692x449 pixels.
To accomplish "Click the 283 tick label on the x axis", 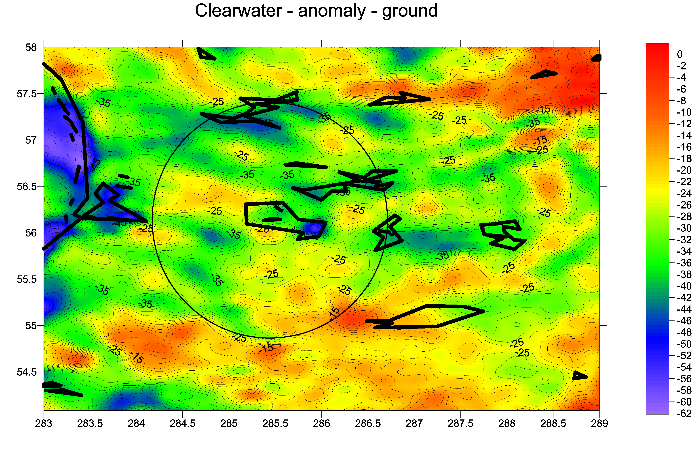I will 44,423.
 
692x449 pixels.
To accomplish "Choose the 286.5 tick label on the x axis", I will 368,423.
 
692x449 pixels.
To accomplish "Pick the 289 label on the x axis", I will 599,423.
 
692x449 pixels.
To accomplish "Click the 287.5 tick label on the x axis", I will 461,423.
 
